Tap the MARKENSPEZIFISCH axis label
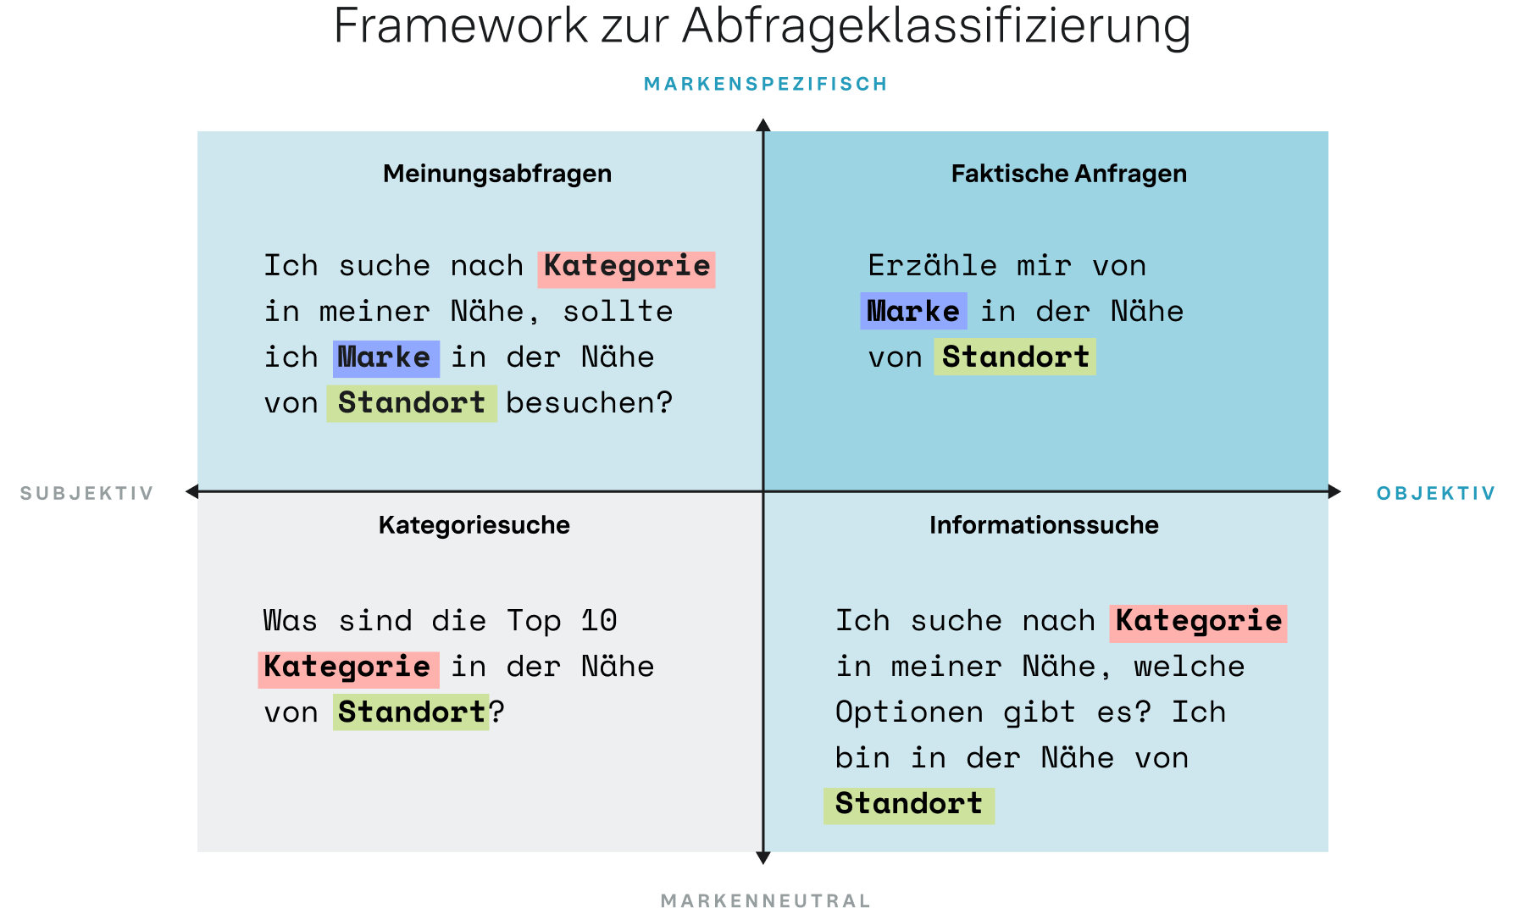tap(766, 84)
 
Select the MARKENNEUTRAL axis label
tap(766, 900)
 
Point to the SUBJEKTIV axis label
tap(87, 493)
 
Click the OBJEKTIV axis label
tap(1436, 493)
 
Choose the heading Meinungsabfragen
tap(497, 174)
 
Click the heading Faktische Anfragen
tap(1069, 174)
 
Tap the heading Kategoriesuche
tap(474, 525)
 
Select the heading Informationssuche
tap(1044, 525)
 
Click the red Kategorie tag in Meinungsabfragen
tap(627, 269)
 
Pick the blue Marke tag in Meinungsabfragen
tap(386, 359)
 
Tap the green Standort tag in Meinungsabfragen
tap(412, 404)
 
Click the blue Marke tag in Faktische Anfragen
tap(913, 311)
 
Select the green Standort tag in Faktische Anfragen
tap(1015, 357)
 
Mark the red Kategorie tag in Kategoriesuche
tap(348, 669)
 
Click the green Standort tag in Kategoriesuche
tap(411, 712)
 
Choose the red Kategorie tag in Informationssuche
tap(1198, 623)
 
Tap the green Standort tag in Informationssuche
tap(909, 806)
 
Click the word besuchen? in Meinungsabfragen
tap(590, 403)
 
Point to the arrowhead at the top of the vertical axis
tap(763, 125)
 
